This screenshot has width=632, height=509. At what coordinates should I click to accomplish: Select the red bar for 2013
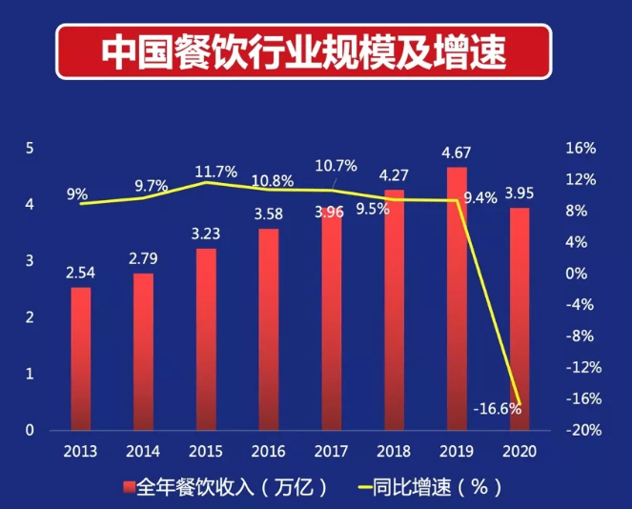pos(81,357)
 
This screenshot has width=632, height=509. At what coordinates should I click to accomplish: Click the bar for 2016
pos(269,329)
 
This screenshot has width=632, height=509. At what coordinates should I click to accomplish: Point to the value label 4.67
pos(457,153)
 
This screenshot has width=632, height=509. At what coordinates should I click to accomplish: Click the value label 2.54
pos(81,274)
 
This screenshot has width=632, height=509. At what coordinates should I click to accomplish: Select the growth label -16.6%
pos(497,409)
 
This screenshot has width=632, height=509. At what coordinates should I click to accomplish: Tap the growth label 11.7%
pos(215,172)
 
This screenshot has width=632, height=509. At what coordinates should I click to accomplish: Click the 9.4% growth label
pos(479,198)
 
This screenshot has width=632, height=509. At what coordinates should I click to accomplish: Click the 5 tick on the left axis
pos(31,149)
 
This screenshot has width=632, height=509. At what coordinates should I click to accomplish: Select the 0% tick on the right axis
pos(581,274)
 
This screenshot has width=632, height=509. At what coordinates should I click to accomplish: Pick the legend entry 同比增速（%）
pos(427,487)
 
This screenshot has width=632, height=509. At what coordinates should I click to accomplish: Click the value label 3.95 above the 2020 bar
pos(520,193)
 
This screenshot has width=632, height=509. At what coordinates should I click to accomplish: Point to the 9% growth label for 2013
pos(77,193)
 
